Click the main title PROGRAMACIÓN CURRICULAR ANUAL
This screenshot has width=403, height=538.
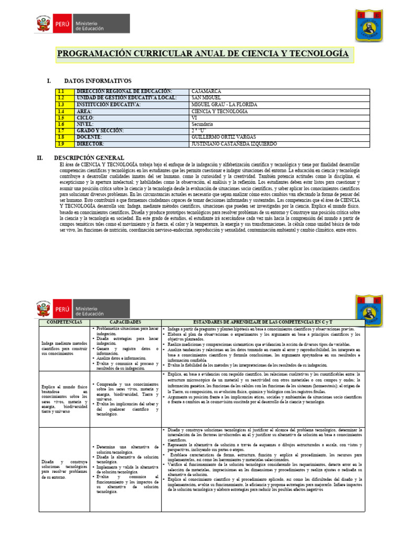click(202, 54)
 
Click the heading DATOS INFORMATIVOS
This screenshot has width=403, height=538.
click(98, 81)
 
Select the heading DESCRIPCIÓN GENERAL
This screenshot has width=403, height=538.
click(89, 158)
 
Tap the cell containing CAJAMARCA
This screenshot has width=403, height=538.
click(206, 91)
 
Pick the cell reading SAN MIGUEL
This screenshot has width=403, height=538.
click(207, 98)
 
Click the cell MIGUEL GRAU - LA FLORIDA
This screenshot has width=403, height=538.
click(224, 105)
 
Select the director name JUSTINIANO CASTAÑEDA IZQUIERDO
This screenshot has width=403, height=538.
click(234, 143)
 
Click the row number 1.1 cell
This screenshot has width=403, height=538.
click(61, 91)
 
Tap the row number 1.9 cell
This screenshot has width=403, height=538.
click(61, 143)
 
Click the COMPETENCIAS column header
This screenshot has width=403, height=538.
click(65, 320)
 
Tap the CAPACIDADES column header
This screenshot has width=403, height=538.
click(125, 320)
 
